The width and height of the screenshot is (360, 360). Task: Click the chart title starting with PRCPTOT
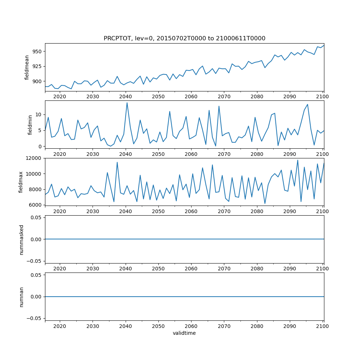pyautogui.click(x=184, y=39)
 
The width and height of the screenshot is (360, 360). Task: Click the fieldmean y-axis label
pyautogui.click(x=27, y=67)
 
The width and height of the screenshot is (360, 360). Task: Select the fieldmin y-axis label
pyautogui.click(x=30, y=125)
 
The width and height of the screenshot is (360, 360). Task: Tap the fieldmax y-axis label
pyautogui.click(x=21, y=182)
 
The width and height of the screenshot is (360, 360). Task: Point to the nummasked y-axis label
pyautogui.click(x=21, y=239)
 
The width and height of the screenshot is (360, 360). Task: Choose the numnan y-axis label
pyautogui.click(x=21, y=297)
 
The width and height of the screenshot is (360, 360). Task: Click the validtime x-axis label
pyautogui.click(x=184, y=333)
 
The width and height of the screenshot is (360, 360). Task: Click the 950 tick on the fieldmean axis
pyautogui.click(x=37, y=51)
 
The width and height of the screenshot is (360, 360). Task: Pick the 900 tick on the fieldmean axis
pyautogui.click(x=37, y=81)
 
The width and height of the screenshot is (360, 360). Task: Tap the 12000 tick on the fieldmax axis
pyautogui.click(x=34, y=158)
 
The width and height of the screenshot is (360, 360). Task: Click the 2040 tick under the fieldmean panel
pyautogui.click(x=125, y=96)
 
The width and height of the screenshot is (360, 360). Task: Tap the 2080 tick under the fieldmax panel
pyautogui.click(x=257, y=211)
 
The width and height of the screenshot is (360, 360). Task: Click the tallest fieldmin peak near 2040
pyautogui.click(x=127, y=103)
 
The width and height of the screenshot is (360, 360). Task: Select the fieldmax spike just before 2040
pyautogui.click(x=117, y=162)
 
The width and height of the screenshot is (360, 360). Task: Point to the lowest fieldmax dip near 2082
pyautogui.click(x=265, y=204)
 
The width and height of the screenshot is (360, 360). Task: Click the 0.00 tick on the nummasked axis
pyautogui.click(x=36, y=239)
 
